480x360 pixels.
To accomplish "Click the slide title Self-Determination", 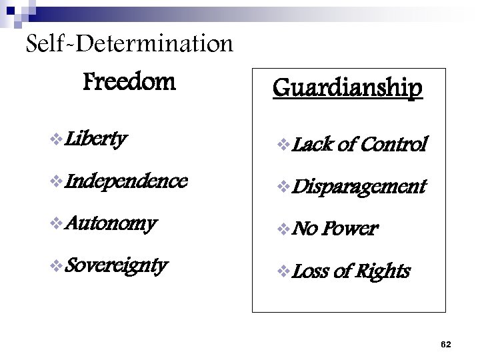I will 129,45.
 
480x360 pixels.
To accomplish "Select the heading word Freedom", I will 129,83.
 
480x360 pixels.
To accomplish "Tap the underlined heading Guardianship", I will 347,87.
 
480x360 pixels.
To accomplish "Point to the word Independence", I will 127,181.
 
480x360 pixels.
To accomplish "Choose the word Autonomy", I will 111,223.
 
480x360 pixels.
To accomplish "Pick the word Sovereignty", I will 117,265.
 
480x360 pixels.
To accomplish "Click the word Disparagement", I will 359,187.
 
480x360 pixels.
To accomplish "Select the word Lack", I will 308,144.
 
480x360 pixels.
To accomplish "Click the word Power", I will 351,229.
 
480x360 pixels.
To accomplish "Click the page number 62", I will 446,344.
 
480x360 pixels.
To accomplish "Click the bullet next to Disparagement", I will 284,187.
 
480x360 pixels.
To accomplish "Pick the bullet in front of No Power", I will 284,229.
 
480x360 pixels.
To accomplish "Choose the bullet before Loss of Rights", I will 284,271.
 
